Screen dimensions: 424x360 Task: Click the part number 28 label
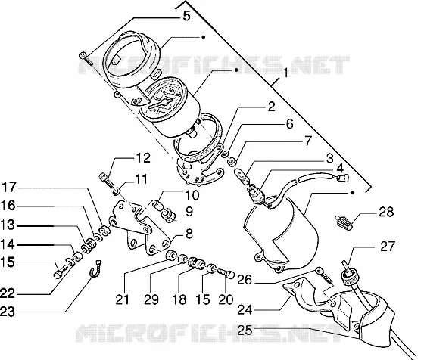point(386,212)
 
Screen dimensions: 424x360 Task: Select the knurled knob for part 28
point(344,222)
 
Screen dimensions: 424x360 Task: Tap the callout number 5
point(186,16)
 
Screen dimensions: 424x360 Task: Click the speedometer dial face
point(162,98)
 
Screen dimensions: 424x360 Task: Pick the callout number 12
point(143,158)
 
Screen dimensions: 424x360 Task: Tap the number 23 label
point(8,312)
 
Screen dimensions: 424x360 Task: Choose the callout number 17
point(9,188)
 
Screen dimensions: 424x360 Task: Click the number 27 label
point(388,247)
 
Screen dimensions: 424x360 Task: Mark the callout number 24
point(245,309)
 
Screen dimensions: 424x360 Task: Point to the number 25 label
point(245,331)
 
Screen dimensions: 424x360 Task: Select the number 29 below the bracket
point(151,299)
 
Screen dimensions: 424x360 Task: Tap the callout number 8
point(189,234)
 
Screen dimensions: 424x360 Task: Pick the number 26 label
point(245,280)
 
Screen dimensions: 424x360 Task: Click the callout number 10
point(192,194)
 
